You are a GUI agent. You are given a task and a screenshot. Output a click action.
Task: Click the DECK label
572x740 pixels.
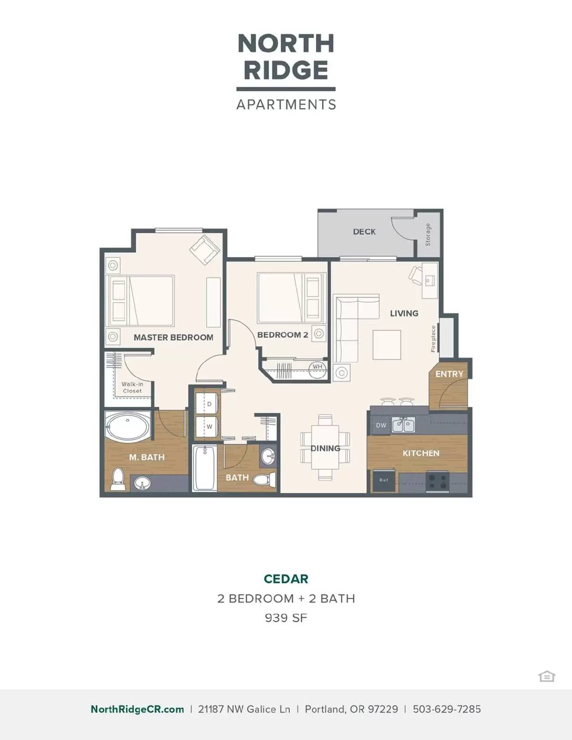click(364, 232)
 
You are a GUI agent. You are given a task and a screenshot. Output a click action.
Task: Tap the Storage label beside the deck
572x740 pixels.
click(428, 234)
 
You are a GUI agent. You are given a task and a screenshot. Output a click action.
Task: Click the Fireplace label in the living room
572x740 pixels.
click(433, 339)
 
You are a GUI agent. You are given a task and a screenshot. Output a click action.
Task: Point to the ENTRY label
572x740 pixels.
click(449, 374)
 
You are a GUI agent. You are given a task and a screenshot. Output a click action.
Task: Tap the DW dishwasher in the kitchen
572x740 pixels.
click(381, 425)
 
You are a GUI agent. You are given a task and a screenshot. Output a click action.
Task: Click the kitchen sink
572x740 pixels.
click(404, 425)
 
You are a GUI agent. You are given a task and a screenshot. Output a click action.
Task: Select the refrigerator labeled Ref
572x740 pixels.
click(384, 480)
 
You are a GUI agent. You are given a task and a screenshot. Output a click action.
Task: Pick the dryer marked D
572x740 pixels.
click(207, 404)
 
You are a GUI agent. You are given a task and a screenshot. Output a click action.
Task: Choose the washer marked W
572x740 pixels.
click(207, 427)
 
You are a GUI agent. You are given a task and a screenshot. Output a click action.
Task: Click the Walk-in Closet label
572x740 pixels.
click(132, 388)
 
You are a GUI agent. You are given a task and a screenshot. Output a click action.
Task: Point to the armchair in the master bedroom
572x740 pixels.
click(204, 250)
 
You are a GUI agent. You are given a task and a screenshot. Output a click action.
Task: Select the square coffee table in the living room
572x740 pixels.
click(387, 345)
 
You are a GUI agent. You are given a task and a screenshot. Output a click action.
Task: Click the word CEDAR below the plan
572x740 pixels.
click(286, 579)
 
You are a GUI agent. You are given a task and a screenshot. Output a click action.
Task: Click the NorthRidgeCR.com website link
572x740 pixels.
click(137, 709)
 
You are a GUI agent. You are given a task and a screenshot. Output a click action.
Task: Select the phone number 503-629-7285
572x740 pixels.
click(447, 709)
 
